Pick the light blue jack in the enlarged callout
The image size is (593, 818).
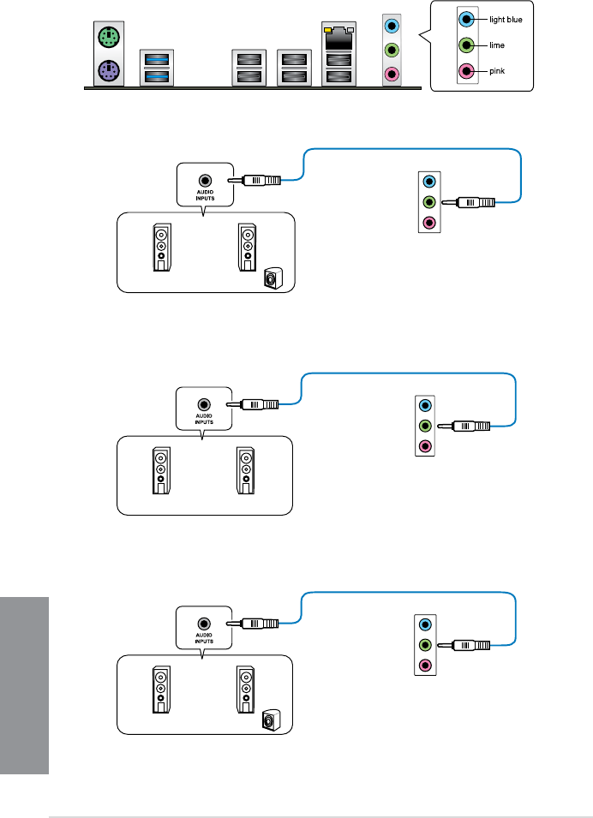coord(465,18)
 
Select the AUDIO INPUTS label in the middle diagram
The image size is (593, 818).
coord(203,418)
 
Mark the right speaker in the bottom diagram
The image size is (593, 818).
coord(246,691)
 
